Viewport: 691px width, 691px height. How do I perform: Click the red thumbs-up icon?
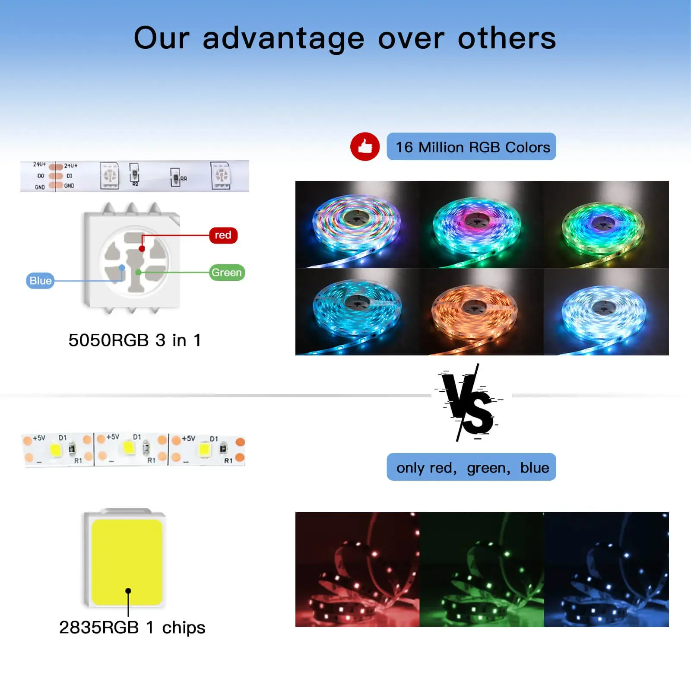tap(365, 146)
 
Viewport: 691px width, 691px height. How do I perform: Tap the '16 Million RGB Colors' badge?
tap(471, 146)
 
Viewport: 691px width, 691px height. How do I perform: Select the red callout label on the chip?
tap(223, 235)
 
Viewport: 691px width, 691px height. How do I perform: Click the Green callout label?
tap(227, 273)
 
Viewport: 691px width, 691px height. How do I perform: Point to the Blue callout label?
tap(40, 281)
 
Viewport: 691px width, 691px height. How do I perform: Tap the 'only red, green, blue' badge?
tap(471, 467)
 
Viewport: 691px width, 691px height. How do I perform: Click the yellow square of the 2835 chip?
tap(127, 562)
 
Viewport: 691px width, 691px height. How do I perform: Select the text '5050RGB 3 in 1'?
tap(135, 340)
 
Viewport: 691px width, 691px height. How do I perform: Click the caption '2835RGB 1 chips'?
tap(132, 628)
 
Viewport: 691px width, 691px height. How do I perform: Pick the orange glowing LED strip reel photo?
tap(482, 312)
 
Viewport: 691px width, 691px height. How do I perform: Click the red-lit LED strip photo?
tap(357, 570)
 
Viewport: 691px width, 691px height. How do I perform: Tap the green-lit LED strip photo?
tap(482, 570)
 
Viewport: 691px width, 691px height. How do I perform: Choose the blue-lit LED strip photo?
tap(606, 570)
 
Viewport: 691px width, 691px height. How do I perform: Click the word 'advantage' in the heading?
tap(284, 39)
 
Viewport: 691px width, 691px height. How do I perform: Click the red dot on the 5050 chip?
tap(142, 249)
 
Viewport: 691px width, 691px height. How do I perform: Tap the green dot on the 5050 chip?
tap(138, 273)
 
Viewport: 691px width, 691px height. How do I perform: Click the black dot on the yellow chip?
tap(128, 591)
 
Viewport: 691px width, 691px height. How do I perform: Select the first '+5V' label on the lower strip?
tap(39, 438)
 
